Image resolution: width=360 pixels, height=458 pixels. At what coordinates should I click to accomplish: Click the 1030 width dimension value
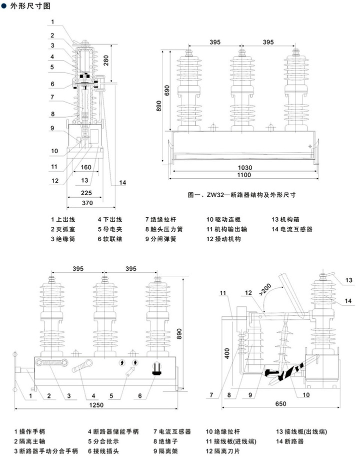click(245, 168)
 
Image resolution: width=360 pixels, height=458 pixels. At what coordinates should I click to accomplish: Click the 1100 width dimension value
click(244, 175)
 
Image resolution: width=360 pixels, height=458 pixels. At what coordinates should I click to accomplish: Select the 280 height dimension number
click(106, 61)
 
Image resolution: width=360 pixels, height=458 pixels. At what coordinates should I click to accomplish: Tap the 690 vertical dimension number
click(166, 90)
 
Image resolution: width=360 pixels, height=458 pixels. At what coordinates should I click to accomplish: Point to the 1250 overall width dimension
click(96, 405)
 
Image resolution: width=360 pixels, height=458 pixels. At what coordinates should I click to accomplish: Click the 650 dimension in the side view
click(280, 403)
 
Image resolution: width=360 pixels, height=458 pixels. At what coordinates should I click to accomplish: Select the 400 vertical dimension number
click(227, 353)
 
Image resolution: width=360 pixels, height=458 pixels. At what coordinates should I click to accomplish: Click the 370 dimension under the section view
click(87, 203)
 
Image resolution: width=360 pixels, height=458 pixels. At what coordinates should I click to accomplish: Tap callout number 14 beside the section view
click(122, 183)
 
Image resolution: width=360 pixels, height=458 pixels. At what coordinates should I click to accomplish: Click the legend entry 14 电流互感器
click(292, 229)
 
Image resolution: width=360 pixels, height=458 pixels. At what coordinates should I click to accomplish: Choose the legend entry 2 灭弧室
click(62, 229)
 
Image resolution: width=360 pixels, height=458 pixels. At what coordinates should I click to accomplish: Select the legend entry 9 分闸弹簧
click(160, 239)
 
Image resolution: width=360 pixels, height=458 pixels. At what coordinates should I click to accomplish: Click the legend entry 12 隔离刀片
click(222, 451)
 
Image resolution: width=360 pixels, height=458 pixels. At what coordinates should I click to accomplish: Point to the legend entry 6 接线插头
click(103, 451)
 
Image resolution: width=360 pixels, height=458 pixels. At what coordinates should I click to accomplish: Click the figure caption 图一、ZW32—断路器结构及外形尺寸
click(242, 195)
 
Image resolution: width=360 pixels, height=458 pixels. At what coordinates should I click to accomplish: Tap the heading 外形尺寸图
click(30, 6)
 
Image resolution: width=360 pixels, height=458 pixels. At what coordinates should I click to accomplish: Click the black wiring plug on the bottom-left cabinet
click(157, 368)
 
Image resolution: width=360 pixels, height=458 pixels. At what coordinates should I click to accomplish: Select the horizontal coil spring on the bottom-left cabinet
click(52, 363)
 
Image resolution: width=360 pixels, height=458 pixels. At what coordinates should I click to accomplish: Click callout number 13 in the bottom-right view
click(349, 280)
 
